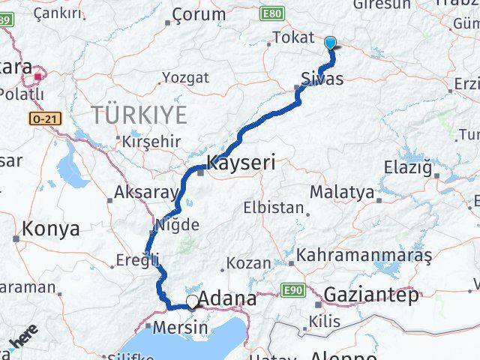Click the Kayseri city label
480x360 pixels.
[241, 161]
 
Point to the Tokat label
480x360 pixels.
[292, 37]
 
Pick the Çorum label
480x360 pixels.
[199, 14]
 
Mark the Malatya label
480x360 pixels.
[341, 192]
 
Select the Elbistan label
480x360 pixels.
[273, 208]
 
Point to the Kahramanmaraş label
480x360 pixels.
[364, 255]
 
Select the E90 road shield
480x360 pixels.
[292, 289]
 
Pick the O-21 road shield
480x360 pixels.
[46, 118]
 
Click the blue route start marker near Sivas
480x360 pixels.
[329, 44]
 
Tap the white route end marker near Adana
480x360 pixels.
[193, 301]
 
